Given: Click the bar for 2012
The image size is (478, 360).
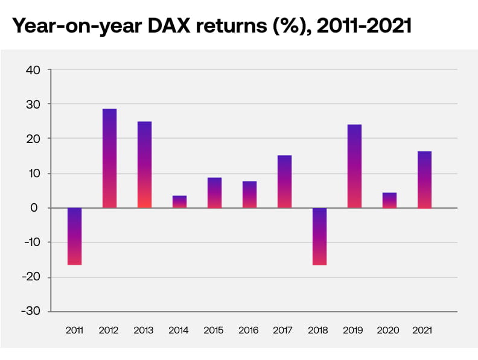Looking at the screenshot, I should coord(109,159).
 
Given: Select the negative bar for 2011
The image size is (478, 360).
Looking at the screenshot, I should coord(74,236).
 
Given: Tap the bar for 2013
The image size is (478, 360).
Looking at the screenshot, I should coord(144,165).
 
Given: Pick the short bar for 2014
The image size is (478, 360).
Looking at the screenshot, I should coord(179,202).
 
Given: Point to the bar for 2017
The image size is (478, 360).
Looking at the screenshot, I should coord(284,182).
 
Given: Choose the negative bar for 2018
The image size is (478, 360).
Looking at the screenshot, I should coord(319,236).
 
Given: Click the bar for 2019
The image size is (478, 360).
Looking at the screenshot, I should coord(354,166).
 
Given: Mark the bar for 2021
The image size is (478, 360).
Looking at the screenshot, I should coord(424,180).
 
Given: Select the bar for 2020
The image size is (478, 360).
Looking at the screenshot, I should coord(389,200).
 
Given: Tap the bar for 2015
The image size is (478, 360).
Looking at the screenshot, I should coord(214,193).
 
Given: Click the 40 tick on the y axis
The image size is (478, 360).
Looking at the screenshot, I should coord(33,70).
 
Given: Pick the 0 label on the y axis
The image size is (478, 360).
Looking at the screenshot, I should coord(36,208).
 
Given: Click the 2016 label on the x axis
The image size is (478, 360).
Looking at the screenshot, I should coord(249,330).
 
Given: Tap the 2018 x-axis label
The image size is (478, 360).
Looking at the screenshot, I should coord(319,330).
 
